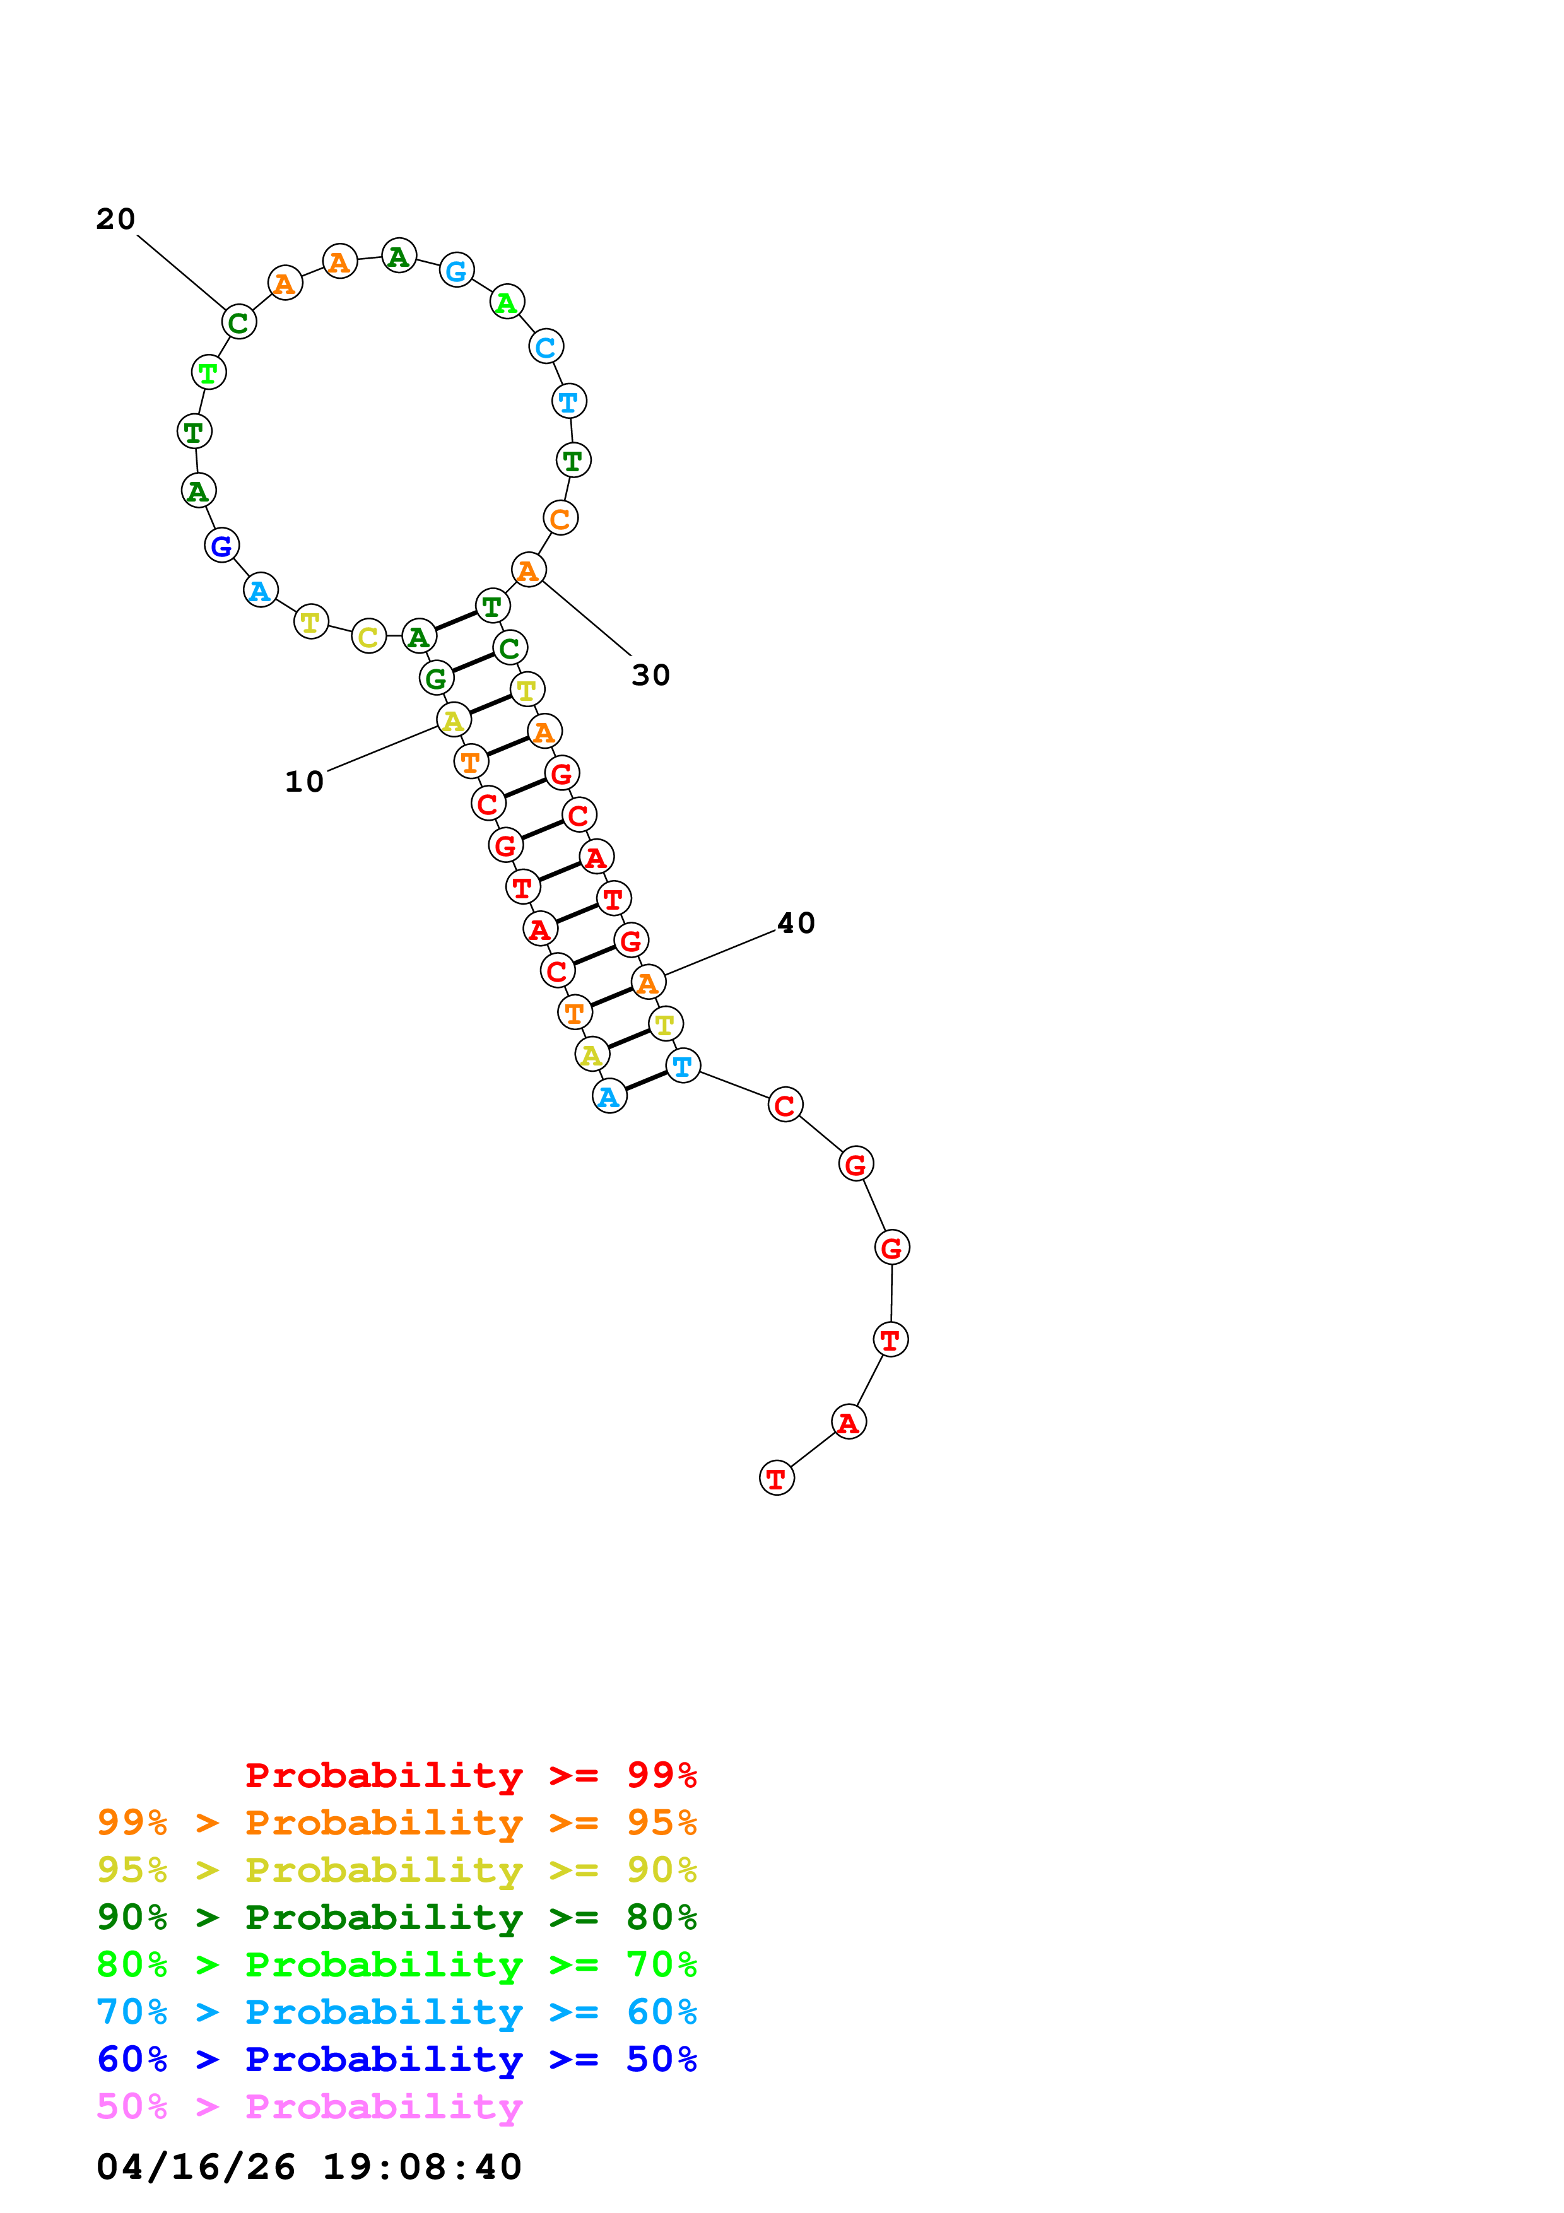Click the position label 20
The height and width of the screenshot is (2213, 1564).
[115, 220]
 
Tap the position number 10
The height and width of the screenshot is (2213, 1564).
[305, 782]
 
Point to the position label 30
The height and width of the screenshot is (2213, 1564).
[650, 676]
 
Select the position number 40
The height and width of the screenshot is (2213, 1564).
[796, 924]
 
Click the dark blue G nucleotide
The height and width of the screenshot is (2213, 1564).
[221, 546]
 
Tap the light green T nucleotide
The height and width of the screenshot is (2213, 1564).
[208, 372]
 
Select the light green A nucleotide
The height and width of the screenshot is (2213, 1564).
[507, 303]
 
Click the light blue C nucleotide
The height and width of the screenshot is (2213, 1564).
[546, 347]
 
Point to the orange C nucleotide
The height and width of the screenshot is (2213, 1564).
[560, 519]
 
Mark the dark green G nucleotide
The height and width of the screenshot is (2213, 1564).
[435, 679]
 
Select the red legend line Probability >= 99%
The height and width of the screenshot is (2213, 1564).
[471, 1775]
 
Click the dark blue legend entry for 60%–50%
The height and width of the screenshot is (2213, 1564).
[397, 2059]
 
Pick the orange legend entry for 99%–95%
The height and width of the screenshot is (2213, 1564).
[397, 1823]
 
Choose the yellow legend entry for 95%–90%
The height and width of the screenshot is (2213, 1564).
[397, 1870]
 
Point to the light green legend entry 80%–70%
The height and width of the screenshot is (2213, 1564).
[397, 1964]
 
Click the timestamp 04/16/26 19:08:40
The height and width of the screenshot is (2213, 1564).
[309, 2168]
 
